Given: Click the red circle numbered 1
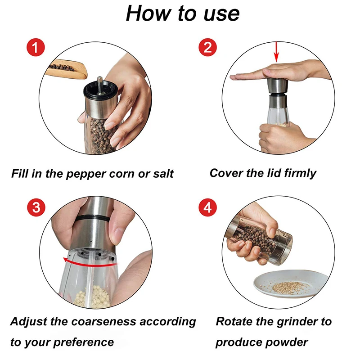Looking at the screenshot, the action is (36, 47).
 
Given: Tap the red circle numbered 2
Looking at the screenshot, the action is (207, 47).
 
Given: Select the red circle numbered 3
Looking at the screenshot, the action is (36, 207).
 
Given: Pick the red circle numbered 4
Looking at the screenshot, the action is (207, 207).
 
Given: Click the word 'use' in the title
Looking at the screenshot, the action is (221, 14).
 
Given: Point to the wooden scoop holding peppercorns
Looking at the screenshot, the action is (66, 69).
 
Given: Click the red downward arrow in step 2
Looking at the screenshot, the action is (276, 52).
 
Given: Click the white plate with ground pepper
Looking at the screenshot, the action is (291, 284).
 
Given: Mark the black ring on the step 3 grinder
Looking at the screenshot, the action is (92, 218).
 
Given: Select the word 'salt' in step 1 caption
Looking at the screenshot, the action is (163, 174).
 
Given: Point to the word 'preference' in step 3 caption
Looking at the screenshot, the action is (84, 343).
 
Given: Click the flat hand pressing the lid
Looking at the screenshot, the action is (280, 71).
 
